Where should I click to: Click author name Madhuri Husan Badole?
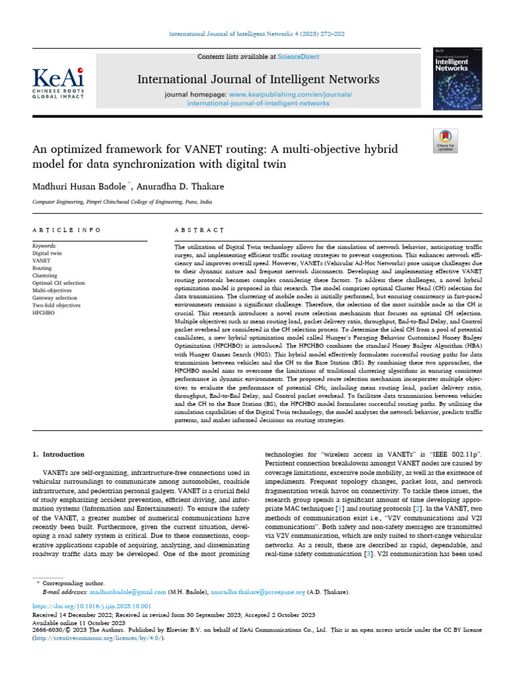[x=77, y=185]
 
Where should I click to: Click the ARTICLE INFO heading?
[x=66, y=230]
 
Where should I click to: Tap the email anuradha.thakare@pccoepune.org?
[x=249, y=592]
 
